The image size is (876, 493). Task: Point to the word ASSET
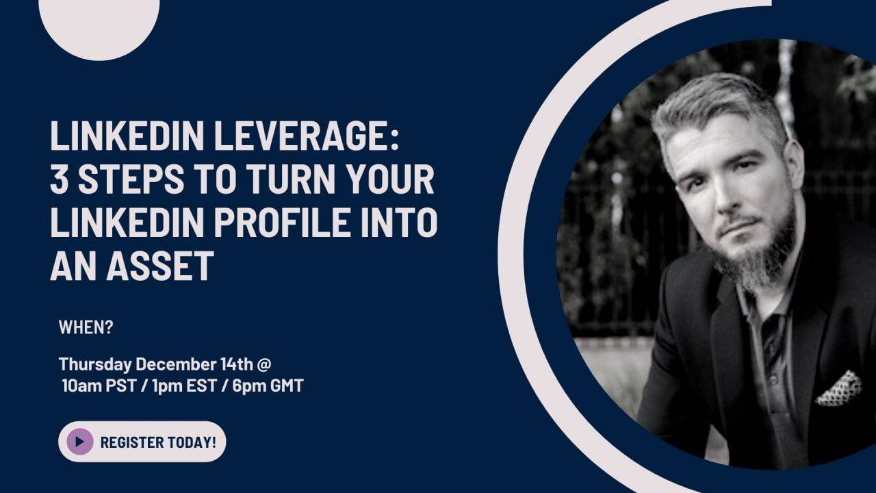tap(159, 266)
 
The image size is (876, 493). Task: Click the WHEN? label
tap(86, 328)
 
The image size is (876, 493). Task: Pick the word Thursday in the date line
tap(95, 364)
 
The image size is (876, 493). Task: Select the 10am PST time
tap(95, 385)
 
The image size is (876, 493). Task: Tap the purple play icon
tap(80, 442)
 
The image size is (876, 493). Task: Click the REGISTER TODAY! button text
tap(158, 442)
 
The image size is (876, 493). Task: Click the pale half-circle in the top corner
tap(99, 24)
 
